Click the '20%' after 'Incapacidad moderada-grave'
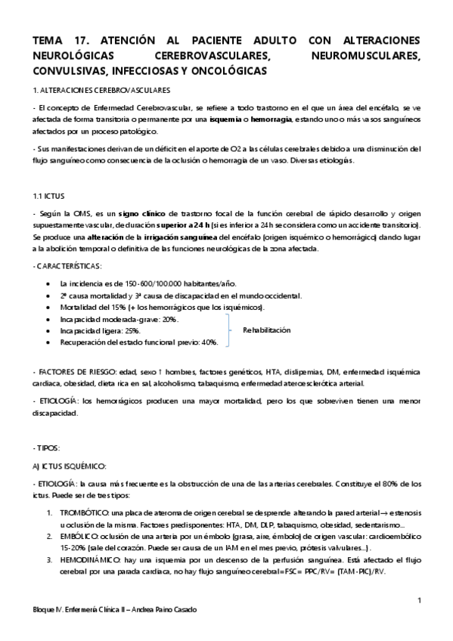170,320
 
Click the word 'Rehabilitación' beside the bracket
266,330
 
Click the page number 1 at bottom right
418,600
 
